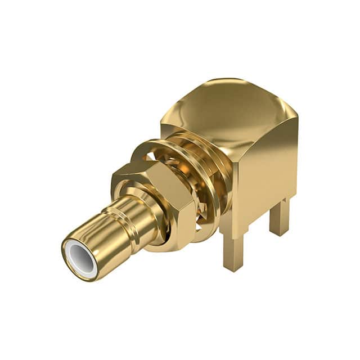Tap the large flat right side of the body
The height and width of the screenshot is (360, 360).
coord(267,169)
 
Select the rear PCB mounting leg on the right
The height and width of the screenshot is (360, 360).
coord(279,217)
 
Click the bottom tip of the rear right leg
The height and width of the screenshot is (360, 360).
coord(279,232)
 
